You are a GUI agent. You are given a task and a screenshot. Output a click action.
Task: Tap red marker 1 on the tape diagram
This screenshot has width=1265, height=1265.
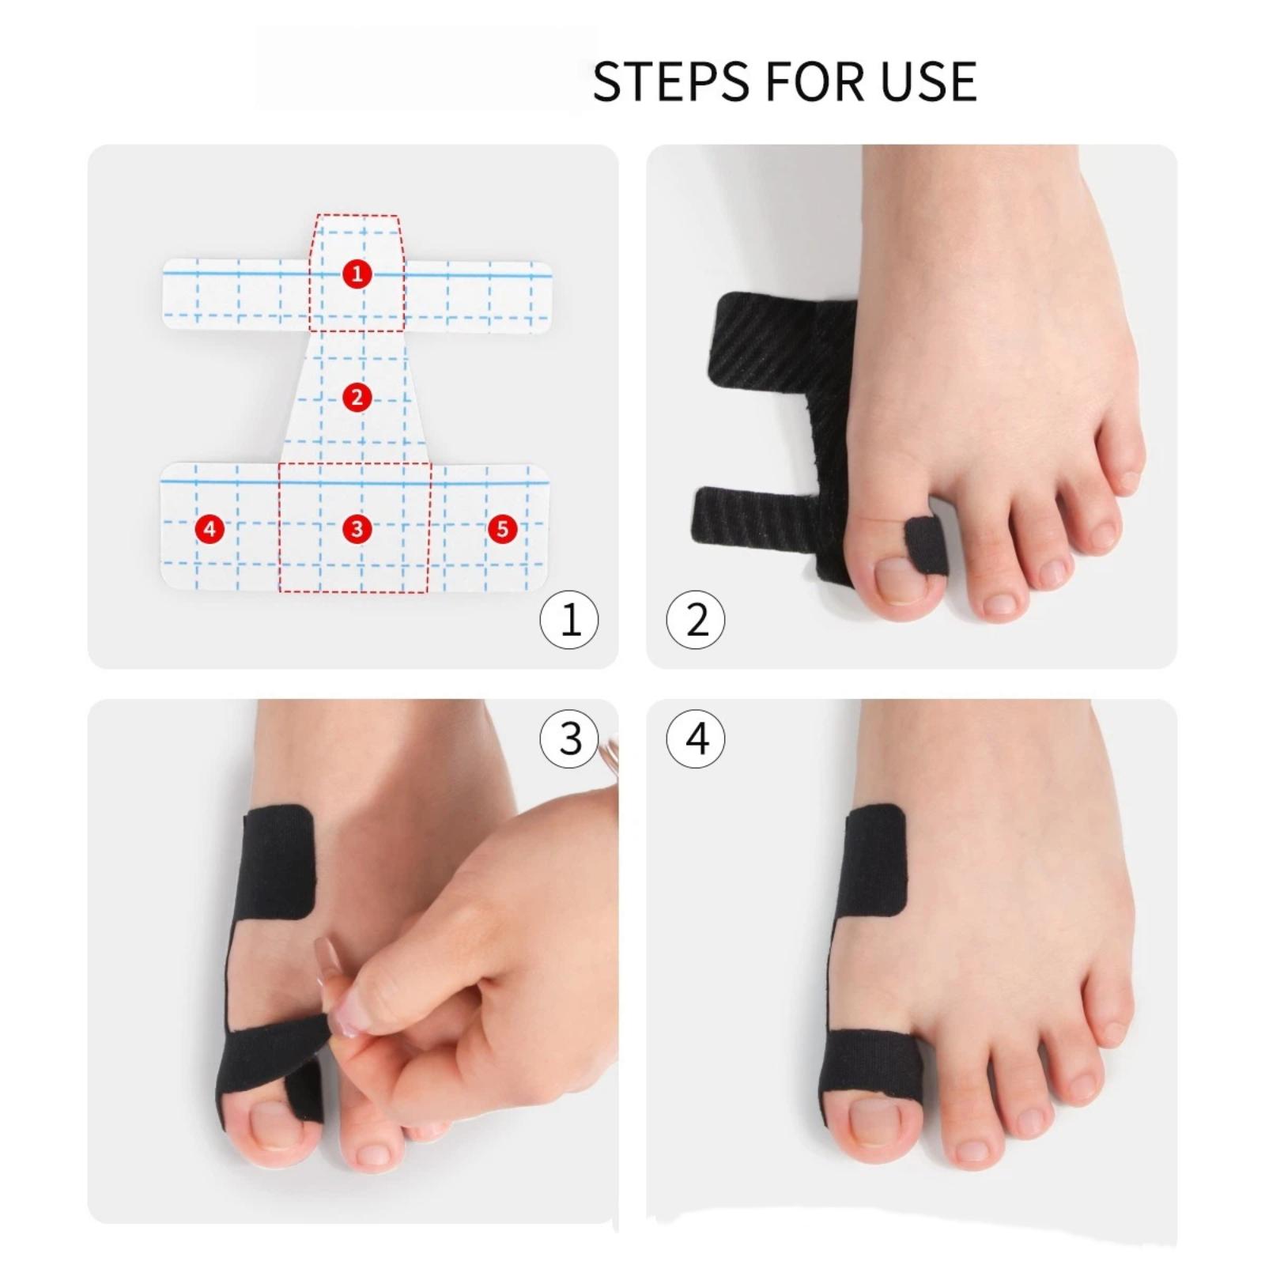(357, 274)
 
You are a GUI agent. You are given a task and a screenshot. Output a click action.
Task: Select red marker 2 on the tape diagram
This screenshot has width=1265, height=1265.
(357, 397)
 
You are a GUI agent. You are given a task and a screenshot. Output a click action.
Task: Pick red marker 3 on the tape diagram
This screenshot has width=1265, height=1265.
(357, 528)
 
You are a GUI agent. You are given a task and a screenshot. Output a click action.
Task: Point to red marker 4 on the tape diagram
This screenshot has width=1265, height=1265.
(210, 528)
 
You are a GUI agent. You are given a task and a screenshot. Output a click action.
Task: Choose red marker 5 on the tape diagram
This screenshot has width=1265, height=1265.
(503, 528)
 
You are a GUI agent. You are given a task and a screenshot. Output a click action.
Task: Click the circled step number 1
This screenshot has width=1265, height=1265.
(569, 619)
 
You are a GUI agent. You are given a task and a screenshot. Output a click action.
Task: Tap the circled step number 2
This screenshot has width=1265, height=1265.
(696, 619)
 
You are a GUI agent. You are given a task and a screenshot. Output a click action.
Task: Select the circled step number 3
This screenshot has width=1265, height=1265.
(569, 739)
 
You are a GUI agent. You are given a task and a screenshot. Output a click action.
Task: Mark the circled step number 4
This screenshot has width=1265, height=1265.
(696, 739)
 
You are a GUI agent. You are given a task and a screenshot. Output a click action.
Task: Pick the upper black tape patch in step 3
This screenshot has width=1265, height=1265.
(278, 862)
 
